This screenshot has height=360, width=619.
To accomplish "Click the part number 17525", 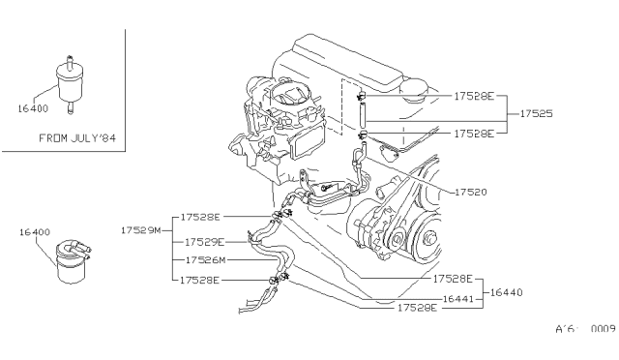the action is pyautogui.click(x=536, y=114).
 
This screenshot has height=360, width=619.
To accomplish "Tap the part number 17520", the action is pyautogui.click(x=471, y=192).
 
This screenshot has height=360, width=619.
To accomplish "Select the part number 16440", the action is pyautogui.click(x=507, y=292).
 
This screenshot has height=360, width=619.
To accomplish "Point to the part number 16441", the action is pyautogui.click(x=457, y=299).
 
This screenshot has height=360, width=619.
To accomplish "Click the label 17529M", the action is pyautogui.click(x=141, y=230).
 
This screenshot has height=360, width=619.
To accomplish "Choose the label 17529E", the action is pyautogui.click(x=204, y=242).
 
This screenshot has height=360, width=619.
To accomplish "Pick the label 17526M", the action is pyautogui.click(x=205, y=260).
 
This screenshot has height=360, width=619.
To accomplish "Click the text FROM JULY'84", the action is pyautogui.click(x=77, y=138).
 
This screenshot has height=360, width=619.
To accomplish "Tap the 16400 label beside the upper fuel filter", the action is pyautogui.click(x=33, y=108).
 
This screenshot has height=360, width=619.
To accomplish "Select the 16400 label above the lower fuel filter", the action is pyautogui.click(x=35, y=232).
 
